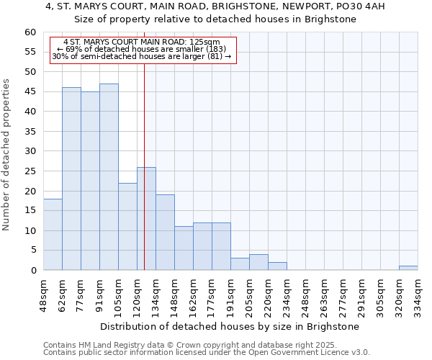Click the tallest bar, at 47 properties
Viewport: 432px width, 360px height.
point(109,177)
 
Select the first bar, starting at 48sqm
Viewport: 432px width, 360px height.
point(53,235)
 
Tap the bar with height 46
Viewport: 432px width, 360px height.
point(71,179)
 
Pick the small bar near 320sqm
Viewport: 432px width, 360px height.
point(408,268)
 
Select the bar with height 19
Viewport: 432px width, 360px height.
point(165,233)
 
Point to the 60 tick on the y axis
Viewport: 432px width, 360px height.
point(30,32)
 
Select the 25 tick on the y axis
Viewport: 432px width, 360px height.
point(30,171)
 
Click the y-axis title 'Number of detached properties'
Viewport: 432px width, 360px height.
point(7,155)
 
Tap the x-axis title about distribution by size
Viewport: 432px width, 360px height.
point(230,327)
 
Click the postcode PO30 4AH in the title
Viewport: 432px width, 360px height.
point(359,6)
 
